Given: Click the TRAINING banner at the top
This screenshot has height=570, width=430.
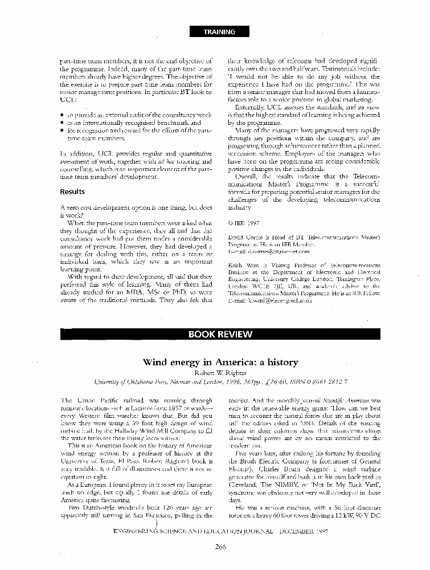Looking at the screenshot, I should (219, 32).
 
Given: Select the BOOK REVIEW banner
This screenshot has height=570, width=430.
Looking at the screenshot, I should (219, 335).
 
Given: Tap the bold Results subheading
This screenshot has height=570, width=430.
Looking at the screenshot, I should (72, 192).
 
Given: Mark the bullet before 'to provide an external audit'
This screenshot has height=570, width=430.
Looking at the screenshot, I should (62, 115).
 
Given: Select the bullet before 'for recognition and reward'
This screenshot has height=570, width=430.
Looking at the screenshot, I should (62, 131).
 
